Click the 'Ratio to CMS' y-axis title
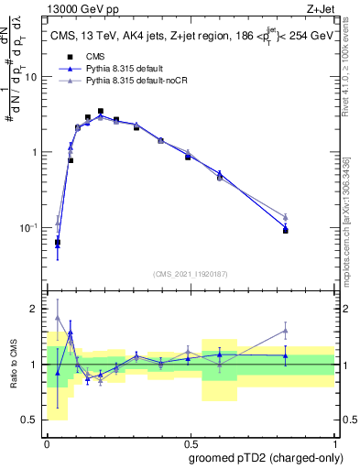(x=15, y=365)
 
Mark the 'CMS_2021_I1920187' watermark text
(x=190, y=273)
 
